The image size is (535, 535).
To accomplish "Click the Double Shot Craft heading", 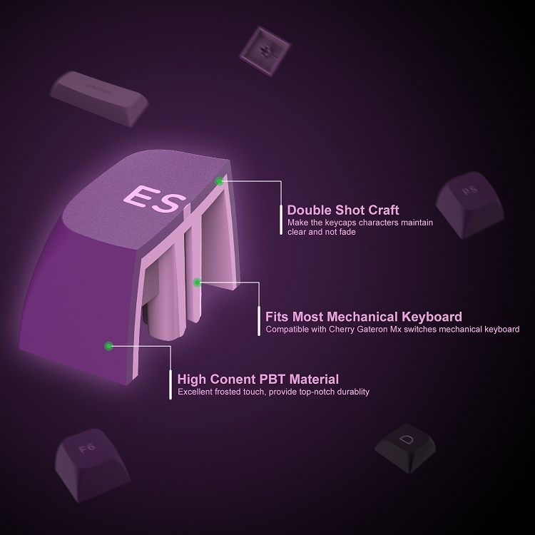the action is [x=342, y=210].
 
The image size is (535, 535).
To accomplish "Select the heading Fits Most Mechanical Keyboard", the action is [x=363, y=316].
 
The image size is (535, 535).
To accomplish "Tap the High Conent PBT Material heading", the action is [x=258, y=379].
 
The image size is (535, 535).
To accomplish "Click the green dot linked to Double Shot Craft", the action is [x=220, y=181].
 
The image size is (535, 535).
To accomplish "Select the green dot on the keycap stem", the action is [x=198, y=282].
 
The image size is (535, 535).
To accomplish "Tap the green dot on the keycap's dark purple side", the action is [x=108, y=347].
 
